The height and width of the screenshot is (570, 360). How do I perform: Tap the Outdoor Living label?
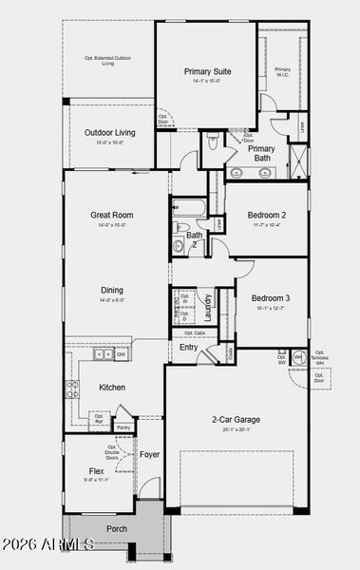point(109,133)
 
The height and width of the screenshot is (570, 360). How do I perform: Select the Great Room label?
point(110,215)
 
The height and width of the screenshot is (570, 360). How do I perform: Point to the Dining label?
point(112,291)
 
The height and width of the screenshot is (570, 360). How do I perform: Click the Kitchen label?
point(112,387)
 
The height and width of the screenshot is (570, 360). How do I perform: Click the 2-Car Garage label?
point(236,419)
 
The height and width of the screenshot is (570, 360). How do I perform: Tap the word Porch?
point(117,529)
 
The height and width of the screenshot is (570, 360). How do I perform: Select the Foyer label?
point(150,455)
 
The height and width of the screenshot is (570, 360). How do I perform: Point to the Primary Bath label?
point(261,153)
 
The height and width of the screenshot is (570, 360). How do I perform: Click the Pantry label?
point(123,414)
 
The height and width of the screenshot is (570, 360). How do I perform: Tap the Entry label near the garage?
point(189,347)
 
